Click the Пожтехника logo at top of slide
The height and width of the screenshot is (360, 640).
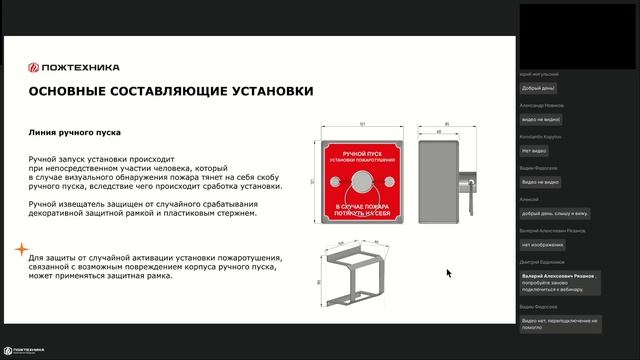point(74,67)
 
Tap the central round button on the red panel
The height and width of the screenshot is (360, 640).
point(361,180)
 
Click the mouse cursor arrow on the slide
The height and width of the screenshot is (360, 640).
point(449,272)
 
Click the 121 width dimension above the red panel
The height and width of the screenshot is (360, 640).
point(361,124)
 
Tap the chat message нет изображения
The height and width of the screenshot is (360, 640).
point(543,245)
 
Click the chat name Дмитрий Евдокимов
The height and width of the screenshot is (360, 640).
point(544,263)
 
